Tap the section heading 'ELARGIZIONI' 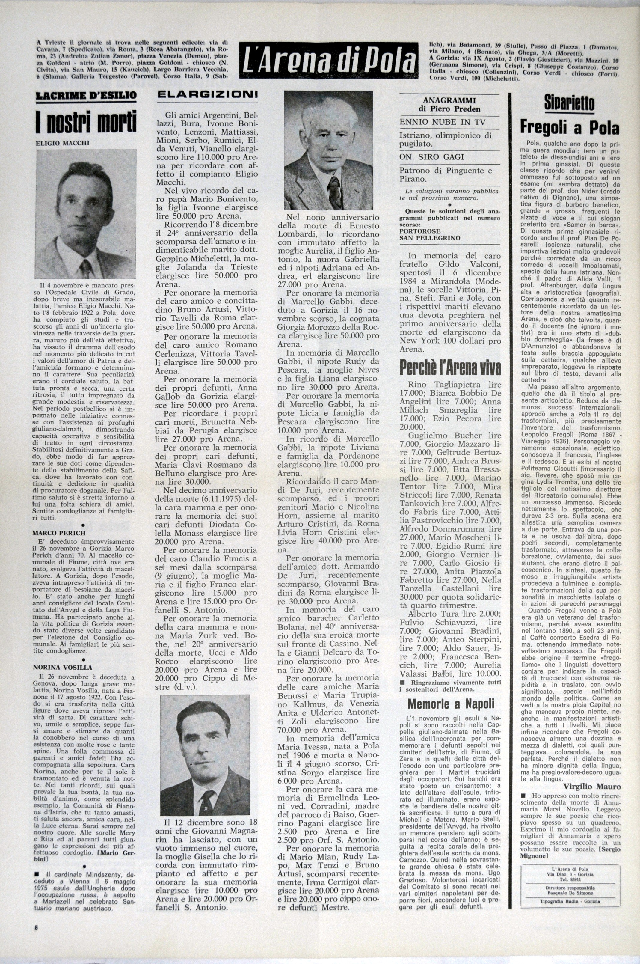tap(207, 95)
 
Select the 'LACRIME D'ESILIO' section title tap(86, 96)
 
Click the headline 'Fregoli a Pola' tap(569, 127)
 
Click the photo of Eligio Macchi tap(86, 213)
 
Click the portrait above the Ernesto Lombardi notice tap(328, 150)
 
